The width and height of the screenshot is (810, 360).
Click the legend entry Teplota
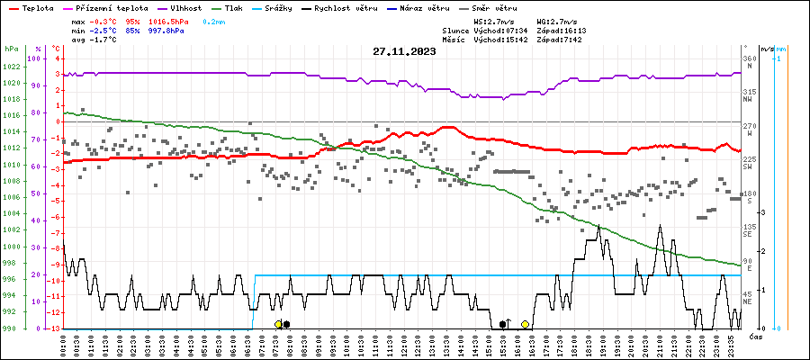point(37,7)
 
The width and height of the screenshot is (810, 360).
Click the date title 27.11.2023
point(404,51)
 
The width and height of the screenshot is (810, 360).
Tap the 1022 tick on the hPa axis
point(12,67)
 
